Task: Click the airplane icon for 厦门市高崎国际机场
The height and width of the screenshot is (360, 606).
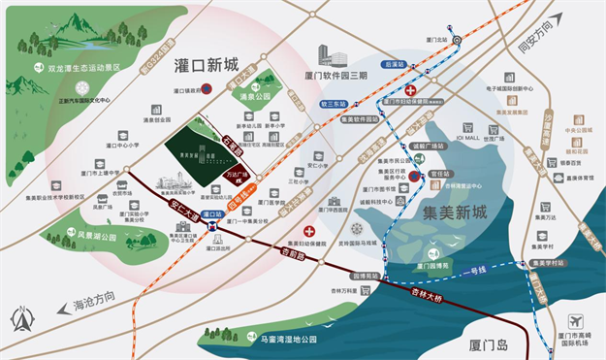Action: click(x=576, y=320)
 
